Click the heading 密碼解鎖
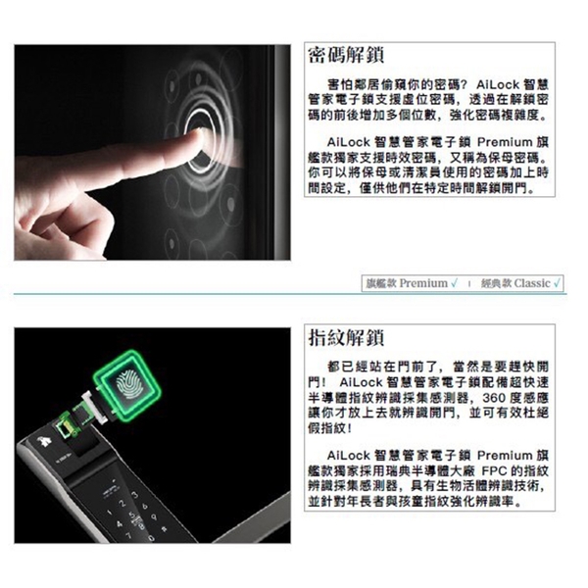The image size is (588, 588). pos(346,56)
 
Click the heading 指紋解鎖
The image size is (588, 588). pos(346,337)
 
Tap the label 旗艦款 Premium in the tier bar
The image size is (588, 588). pos(407,283)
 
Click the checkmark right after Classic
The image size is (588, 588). pos(557,283)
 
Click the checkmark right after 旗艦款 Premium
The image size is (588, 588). pos(454,283)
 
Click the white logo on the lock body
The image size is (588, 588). pos(45,442)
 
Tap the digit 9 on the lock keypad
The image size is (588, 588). pos(154,517)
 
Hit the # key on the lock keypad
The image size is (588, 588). pos(163,529)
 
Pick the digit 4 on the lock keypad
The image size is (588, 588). pos(120,523)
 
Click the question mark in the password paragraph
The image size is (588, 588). pos(462,84)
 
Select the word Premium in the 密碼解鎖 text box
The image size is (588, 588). pos(505,142)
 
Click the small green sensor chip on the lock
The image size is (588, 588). pos(66,424)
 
